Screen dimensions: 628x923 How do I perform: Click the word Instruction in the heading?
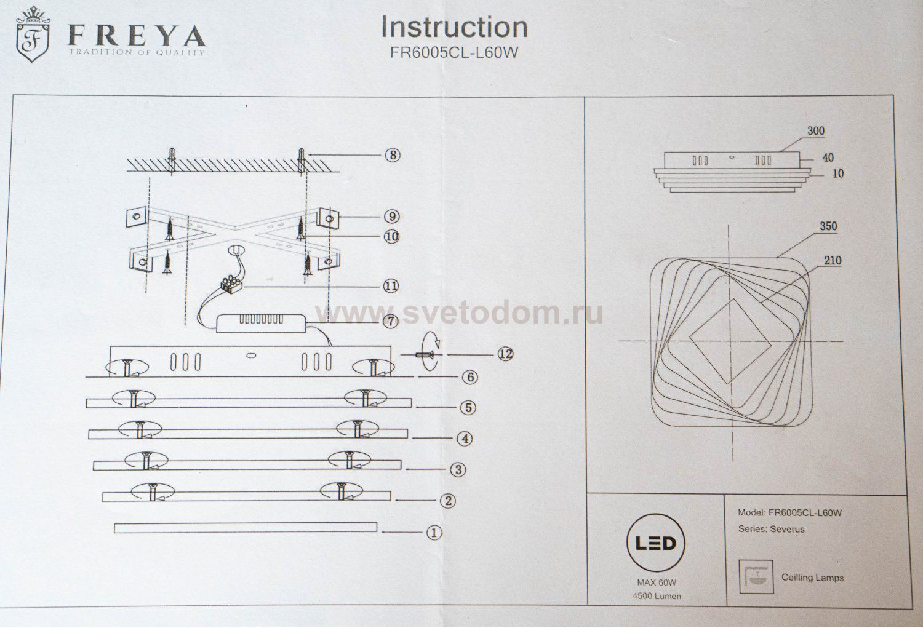(x=454, y=27)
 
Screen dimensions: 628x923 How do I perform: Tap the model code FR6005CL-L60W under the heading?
(x=454, y=52)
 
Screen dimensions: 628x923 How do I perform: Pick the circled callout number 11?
(x=390, y=286)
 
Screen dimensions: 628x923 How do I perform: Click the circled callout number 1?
(x=434, y=532)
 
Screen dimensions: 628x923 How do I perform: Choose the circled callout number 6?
(x=469, y=376)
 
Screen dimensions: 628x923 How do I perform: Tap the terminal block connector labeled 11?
(x=231, y=284)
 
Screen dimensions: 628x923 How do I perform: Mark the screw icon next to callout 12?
(x=423, y=355)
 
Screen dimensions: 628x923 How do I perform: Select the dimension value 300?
(x=815, y=131)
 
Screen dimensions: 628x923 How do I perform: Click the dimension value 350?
(x=828, y=226)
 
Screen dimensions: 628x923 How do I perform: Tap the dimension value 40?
(x=828, y=158)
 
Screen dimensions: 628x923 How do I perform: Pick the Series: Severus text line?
(x=770, y=529)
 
